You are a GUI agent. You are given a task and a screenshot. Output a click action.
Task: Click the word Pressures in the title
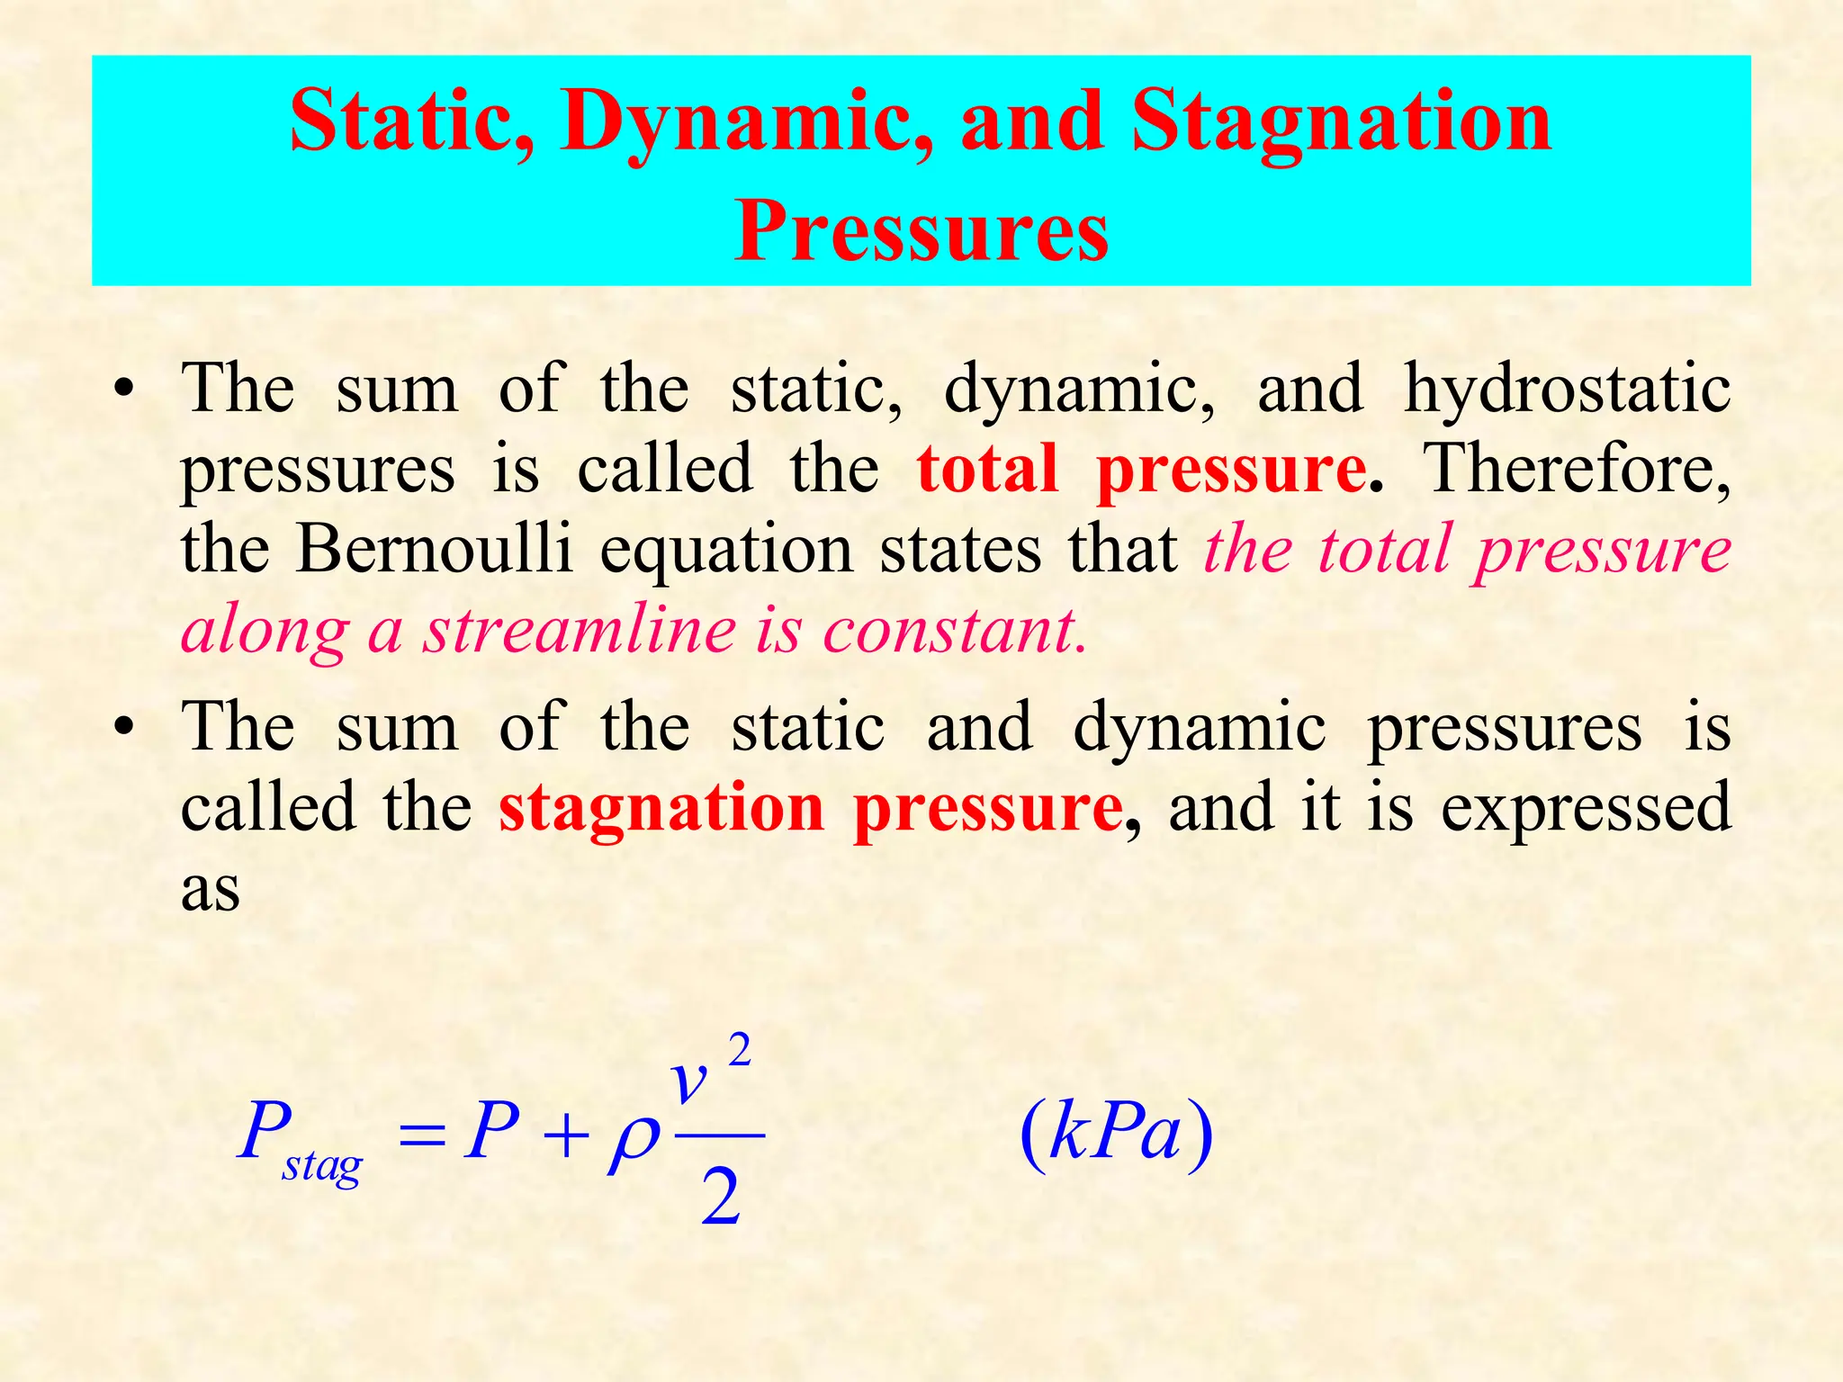click(921, 231)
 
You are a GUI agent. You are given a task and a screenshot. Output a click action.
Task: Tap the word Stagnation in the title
click(1341, 122)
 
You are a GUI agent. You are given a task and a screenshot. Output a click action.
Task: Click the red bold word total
click(987, 469)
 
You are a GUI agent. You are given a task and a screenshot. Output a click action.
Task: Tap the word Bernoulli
click(435, 548)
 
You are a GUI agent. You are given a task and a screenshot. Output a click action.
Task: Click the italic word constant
click(954, 629)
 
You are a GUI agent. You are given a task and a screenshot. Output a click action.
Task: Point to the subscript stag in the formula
click(322, 1167)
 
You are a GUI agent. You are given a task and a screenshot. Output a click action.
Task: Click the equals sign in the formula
click(422, 1135)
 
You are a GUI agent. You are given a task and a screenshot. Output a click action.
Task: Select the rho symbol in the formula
click(634, 1141)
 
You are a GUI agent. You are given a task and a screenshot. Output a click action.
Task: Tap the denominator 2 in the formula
click(720, 1199)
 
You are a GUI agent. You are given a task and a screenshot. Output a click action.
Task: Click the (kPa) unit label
click(1116, 1134)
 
